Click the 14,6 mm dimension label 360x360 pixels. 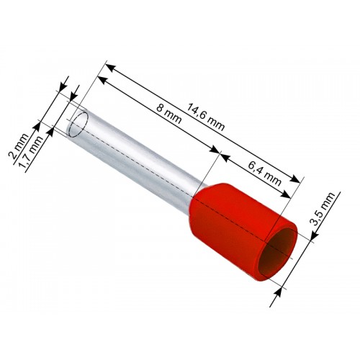206,117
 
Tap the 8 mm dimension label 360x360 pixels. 168,114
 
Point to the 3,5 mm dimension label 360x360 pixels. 323,209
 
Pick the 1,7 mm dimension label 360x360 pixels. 31,153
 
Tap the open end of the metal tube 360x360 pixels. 78,123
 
